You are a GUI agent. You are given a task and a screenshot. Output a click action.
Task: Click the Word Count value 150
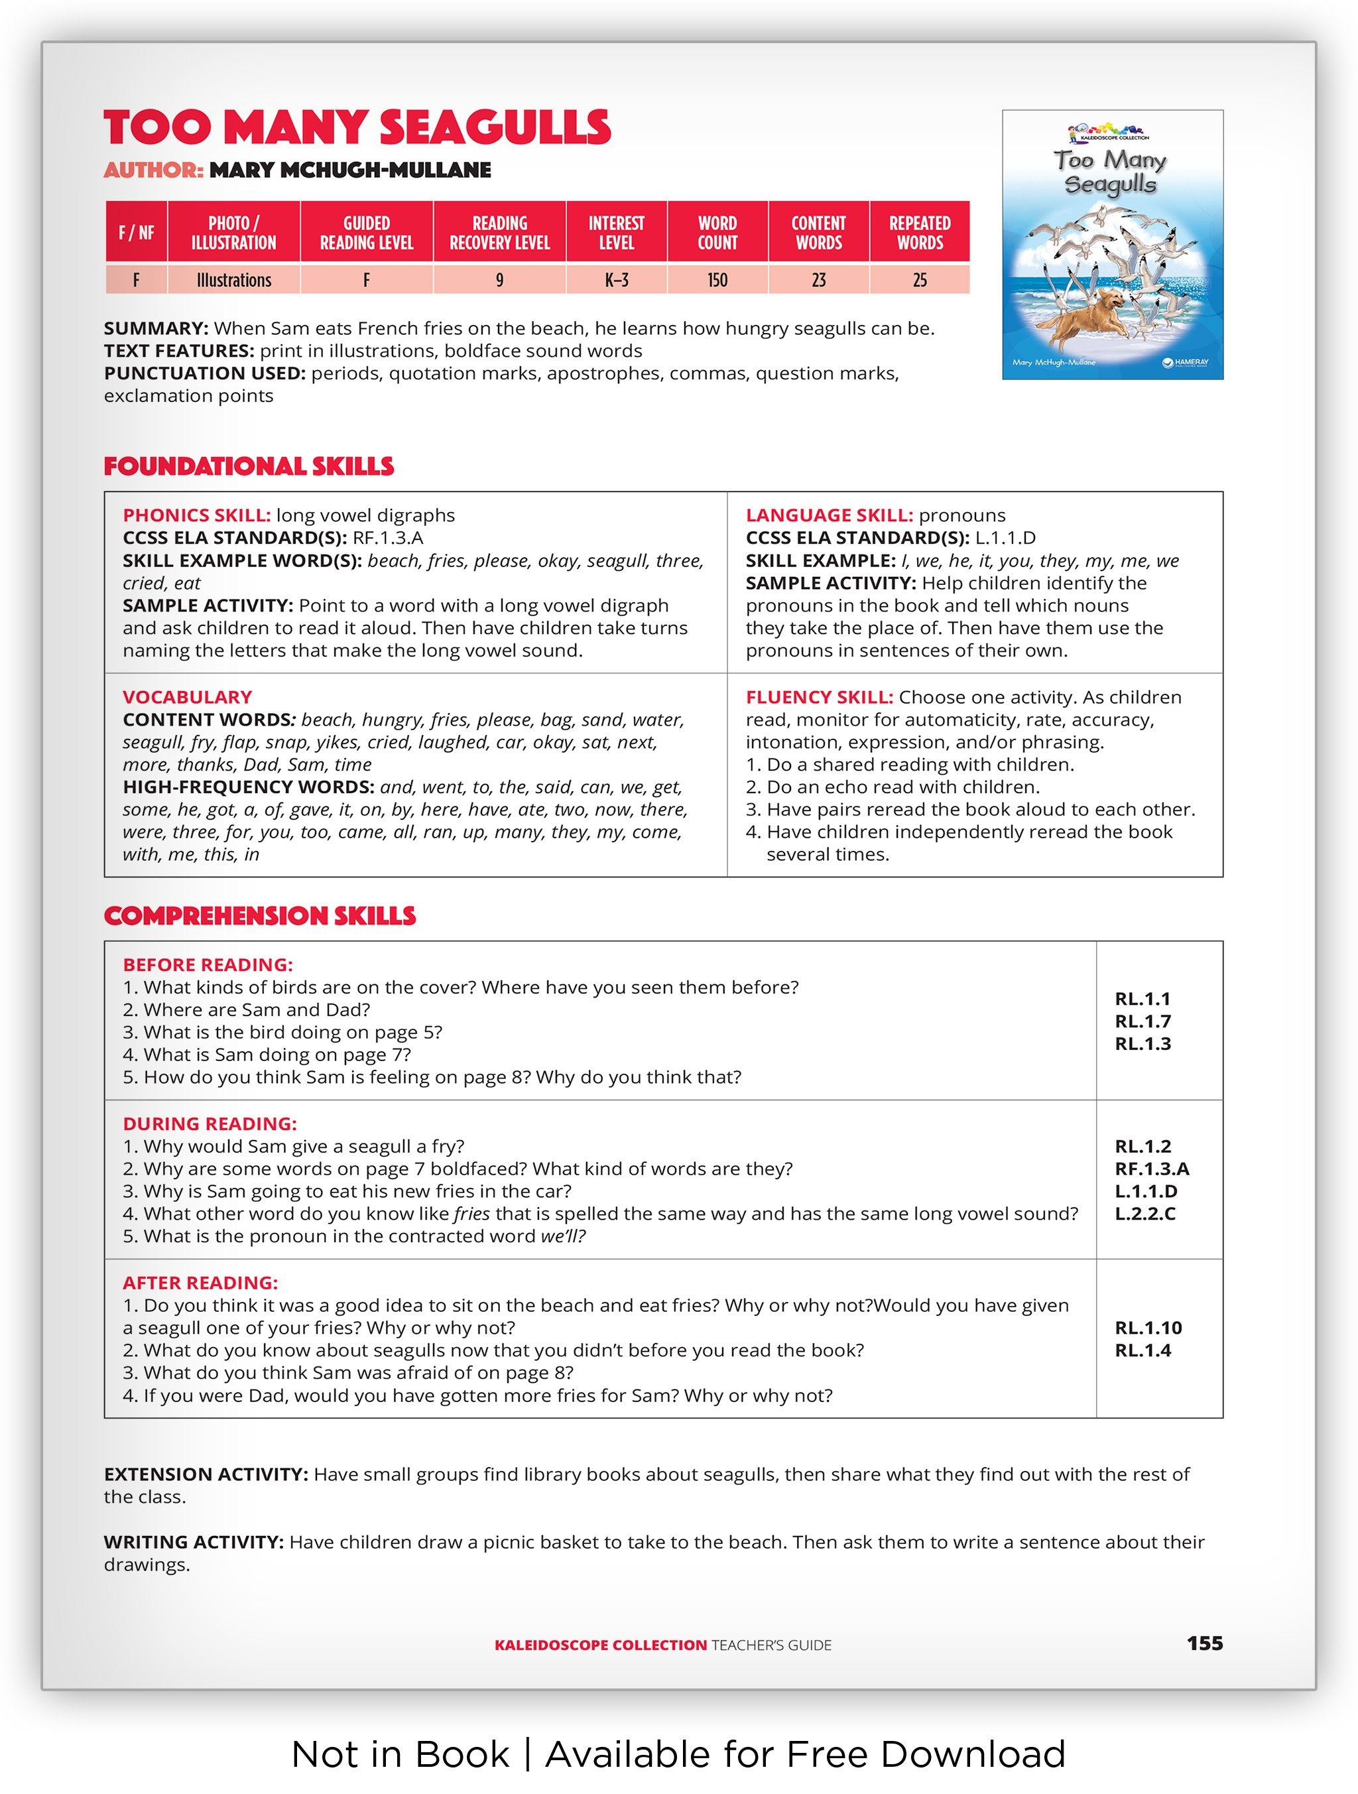(717, 280)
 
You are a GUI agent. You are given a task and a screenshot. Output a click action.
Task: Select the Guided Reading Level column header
(367, 233)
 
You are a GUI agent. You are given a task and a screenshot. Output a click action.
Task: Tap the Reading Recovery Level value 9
(499, 280)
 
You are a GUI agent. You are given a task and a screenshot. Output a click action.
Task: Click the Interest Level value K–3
(616, 280)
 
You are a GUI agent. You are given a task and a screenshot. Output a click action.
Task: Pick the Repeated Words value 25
(920, 280)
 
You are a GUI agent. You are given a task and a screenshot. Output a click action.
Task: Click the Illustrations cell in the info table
(233, 280)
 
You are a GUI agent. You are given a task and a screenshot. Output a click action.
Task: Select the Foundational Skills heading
(248, 466)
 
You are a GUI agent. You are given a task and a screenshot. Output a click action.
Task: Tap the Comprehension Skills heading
(259, 916)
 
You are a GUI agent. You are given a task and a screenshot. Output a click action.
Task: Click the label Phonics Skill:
(196, 515)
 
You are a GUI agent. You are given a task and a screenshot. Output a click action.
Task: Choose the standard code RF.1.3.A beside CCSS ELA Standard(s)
(387, 538)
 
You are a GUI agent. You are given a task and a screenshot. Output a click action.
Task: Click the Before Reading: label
(208, 964)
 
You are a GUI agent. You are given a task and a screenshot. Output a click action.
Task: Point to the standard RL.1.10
(1148, 1328)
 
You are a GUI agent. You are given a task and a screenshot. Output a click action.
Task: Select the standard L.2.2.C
(1144, 1214)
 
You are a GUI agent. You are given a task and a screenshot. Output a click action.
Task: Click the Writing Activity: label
(194, 1542)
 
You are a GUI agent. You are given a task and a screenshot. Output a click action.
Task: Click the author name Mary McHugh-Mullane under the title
(350, 170)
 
